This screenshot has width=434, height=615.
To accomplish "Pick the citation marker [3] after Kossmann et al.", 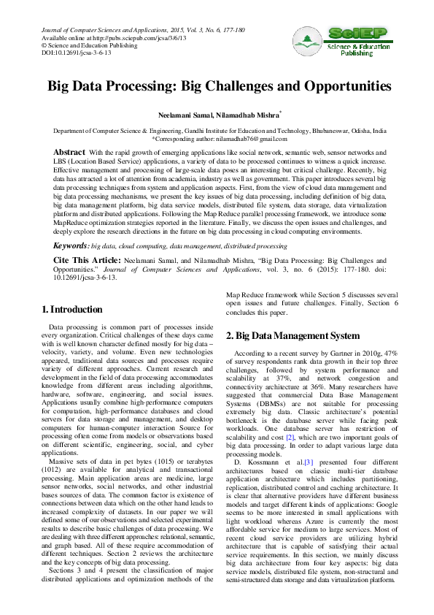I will pos(289,442).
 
